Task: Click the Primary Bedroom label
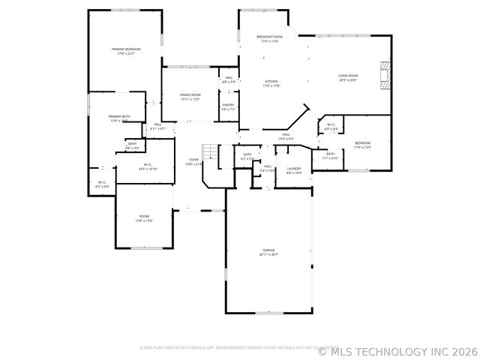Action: pyautogui.click(x=126, y=49)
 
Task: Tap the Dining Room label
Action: pyautogui.click(x=190, y=95)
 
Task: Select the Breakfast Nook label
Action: pyautogui.click(x=269, y=37)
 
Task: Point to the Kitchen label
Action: pyautogui.click(x=271, y=81)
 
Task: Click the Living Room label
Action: pyautogui.click(x=347, y=76)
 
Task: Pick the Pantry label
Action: pyautogui.click(x=228, y=105)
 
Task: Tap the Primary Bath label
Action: pyautogui.click(x=119, y=116)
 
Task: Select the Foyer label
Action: pyautogui.click(x=193, y=160)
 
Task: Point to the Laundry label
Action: pyautogui.click(x=294, y=169)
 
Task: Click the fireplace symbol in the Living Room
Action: pyautogui.click(x=385, y=76)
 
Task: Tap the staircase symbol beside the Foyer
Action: pyautogui.click(x=211, y=152)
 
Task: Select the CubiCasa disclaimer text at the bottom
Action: pyautogui.click(x=238, y=348)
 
